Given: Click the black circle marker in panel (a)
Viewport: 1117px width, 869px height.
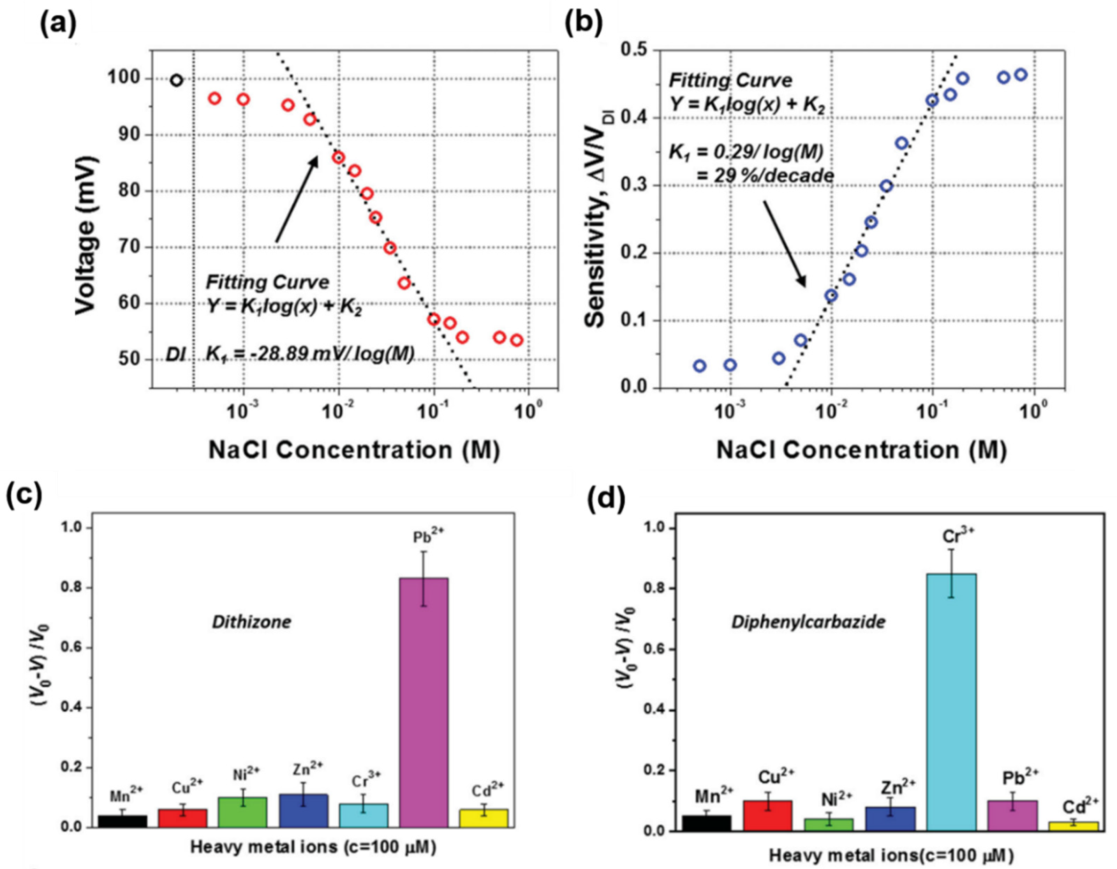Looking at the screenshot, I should point(176,80).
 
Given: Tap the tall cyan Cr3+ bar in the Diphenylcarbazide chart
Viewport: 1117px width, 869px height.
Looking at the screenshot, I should point(951,705).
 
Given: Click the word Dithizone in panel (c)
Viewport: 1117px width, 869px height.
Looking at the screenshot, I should point(252,622).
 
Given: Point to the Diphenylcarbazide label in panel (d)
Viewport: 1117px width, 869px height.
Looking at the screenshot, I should point(808,622).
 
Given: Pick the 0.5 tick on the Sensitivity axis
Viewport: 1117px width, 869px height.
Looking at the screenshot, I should point(635,51).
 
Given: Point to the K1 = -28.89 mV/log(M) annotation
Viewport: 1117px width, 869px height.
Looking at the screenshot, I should point(309,354).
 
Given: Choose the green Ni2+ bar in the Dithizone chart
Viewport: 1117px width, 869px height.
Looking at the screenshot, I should point(243,812).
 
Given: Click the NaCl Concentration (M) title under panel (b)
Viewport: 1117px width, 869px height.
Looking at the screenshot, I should point(861,450).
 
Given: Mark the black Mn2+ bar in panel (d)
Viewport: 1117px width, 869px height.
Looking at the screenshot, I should point(707,823).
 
